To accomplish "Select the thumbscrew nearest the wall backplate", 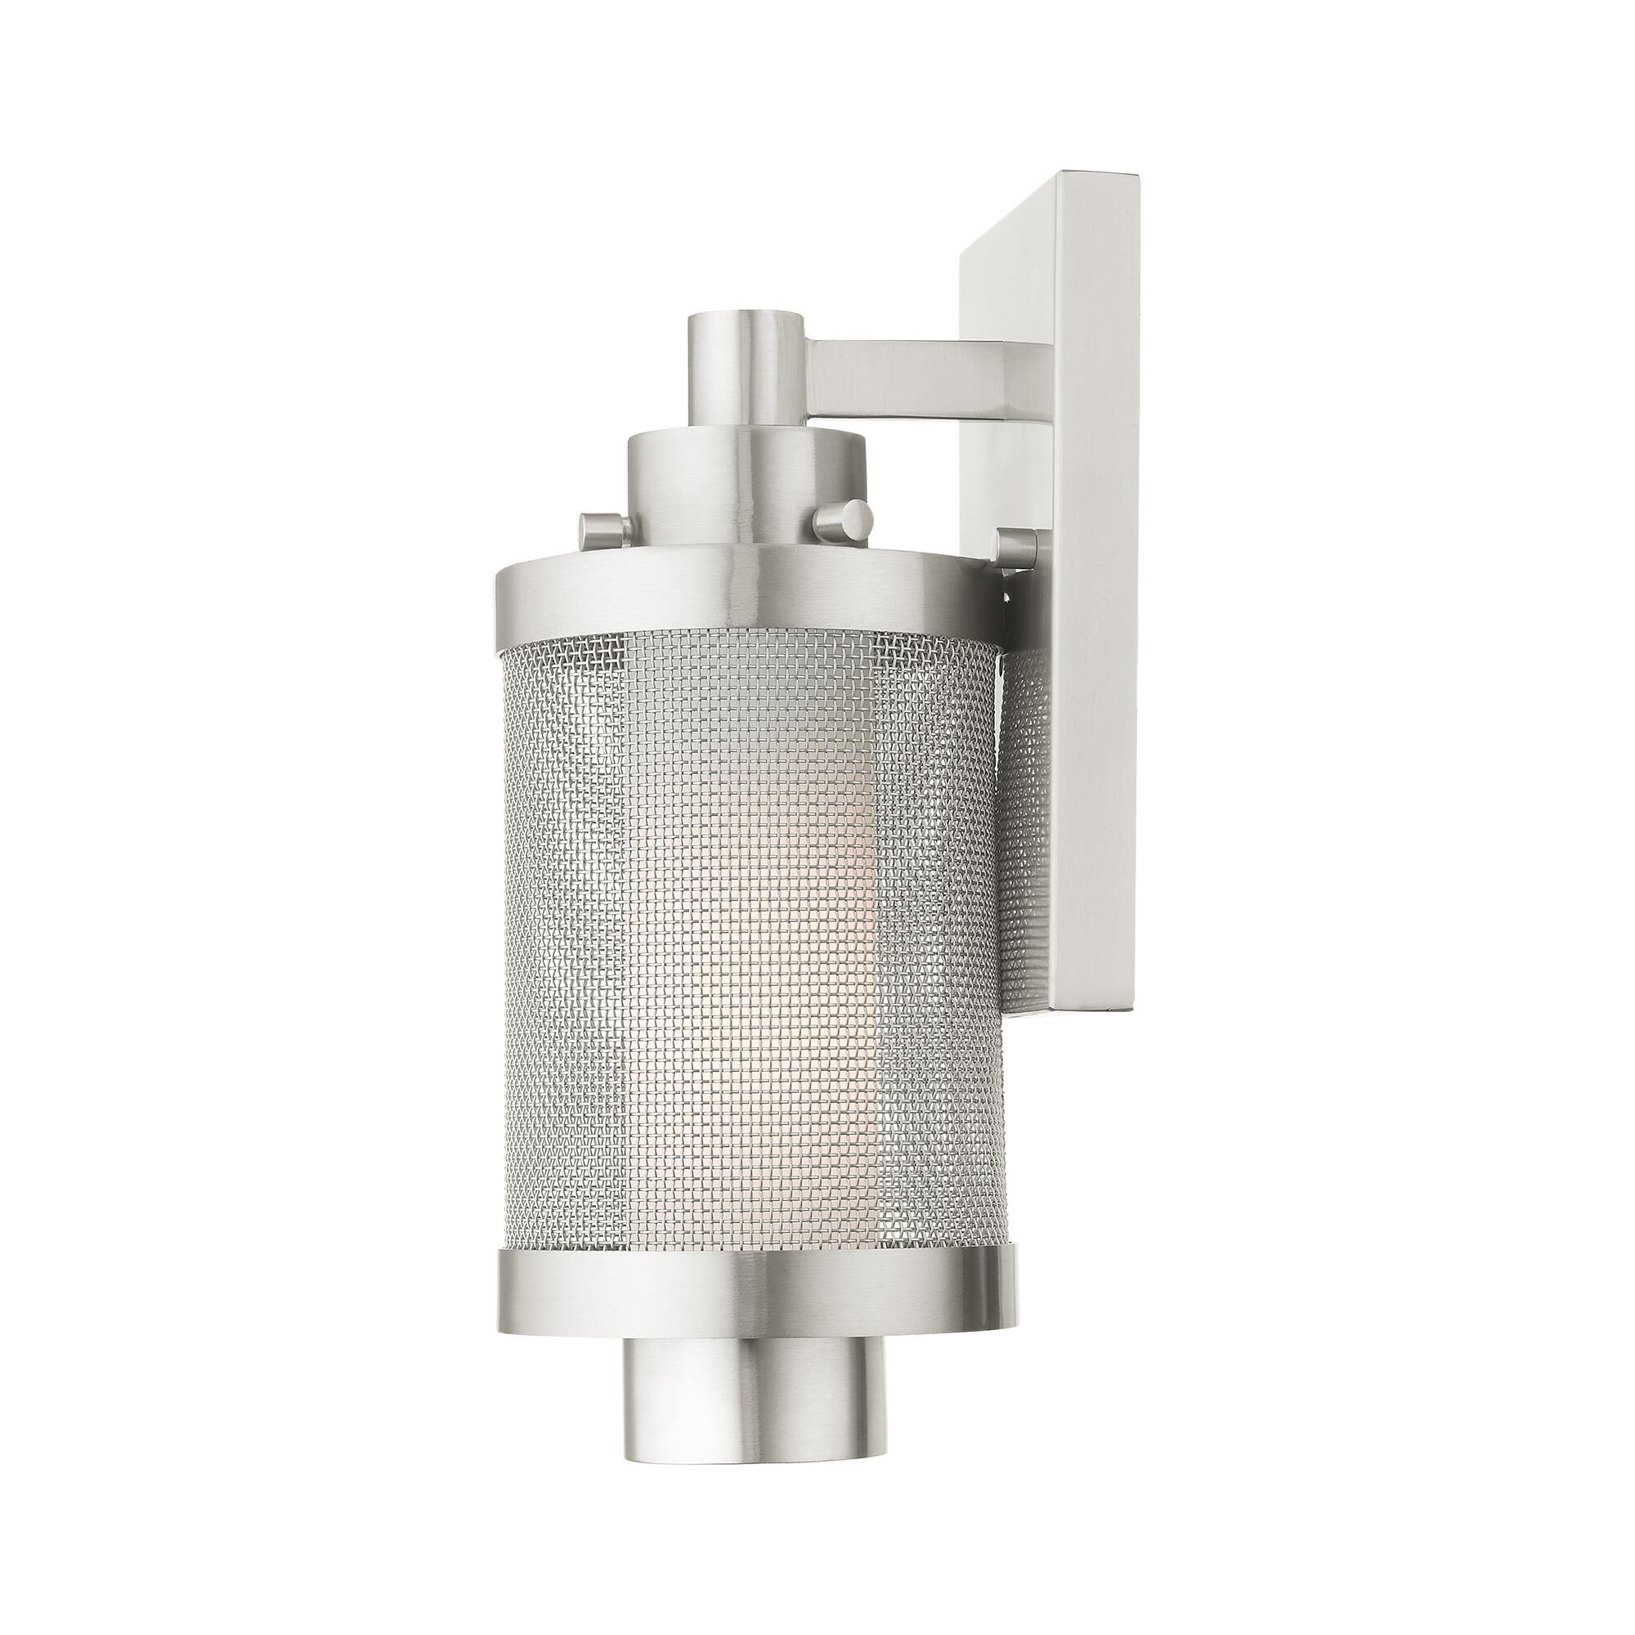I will click(x=1018, y=548).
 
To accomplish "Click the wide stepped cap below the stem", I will click(x=745, y=490).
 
